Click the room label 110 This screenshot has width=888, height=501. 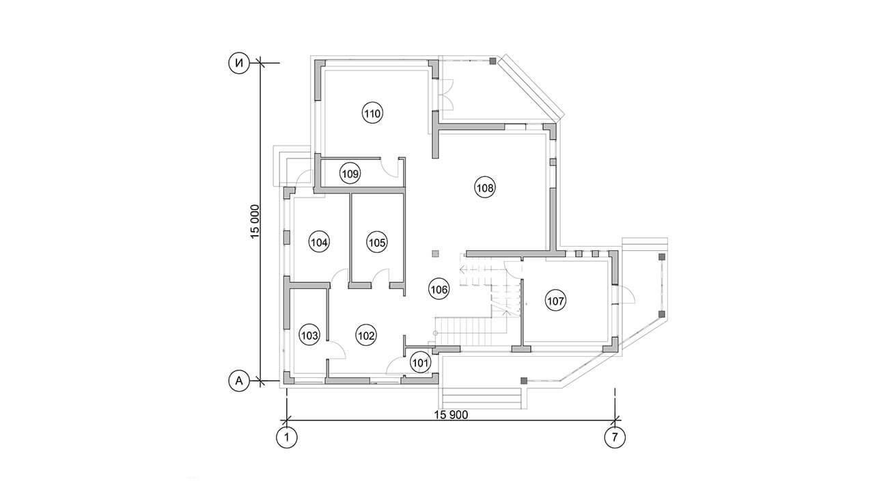pyautogui.click(x=372, y=114)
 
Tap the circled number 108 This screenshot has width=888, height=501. pyautogui.click(x=485, y=188)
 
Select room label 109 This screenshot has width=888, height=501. pyautogui.click(x=350, y=174)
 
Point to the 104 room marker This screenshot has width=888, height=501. pyautogui.click(x=319, y=243)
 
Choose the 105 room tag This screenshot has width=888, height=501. pyautogui.click(x=376, y=243)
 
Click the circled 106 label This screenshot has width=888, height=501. pyautogui.click(x=439, y=290)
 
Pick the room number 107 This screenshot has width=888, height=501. pyautogui.click(x=555, y=301)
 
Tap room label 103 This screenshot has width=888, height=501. pyautogui.click(x=309, y=336)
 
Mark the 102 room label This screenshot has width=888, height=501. pyautogui.click(x=366, y=336)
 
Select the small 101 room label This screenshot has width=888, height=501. pyautogui.click(x=420, y=362)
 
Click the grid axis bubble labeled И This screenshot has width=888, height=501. pyautogui.click(x=239, y=63)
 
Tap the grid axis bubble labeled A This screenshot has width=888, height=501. pyautogui.click(x=239, y=381)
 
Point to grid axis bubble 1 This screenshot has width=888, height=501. pyautogui.click(x=286, y=438)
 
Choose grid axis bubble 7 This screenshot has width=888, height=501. pyautogui.click(x=615, y=438)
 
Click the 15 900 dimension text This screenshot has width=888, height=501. pyautogui.click(x=451, y=415)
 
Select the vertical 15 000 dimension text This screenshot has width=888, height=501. pyautogui.click(x=255, y=221)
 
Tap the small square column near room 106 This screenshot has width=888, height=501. pyautogui.click(x=436, y=254)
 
